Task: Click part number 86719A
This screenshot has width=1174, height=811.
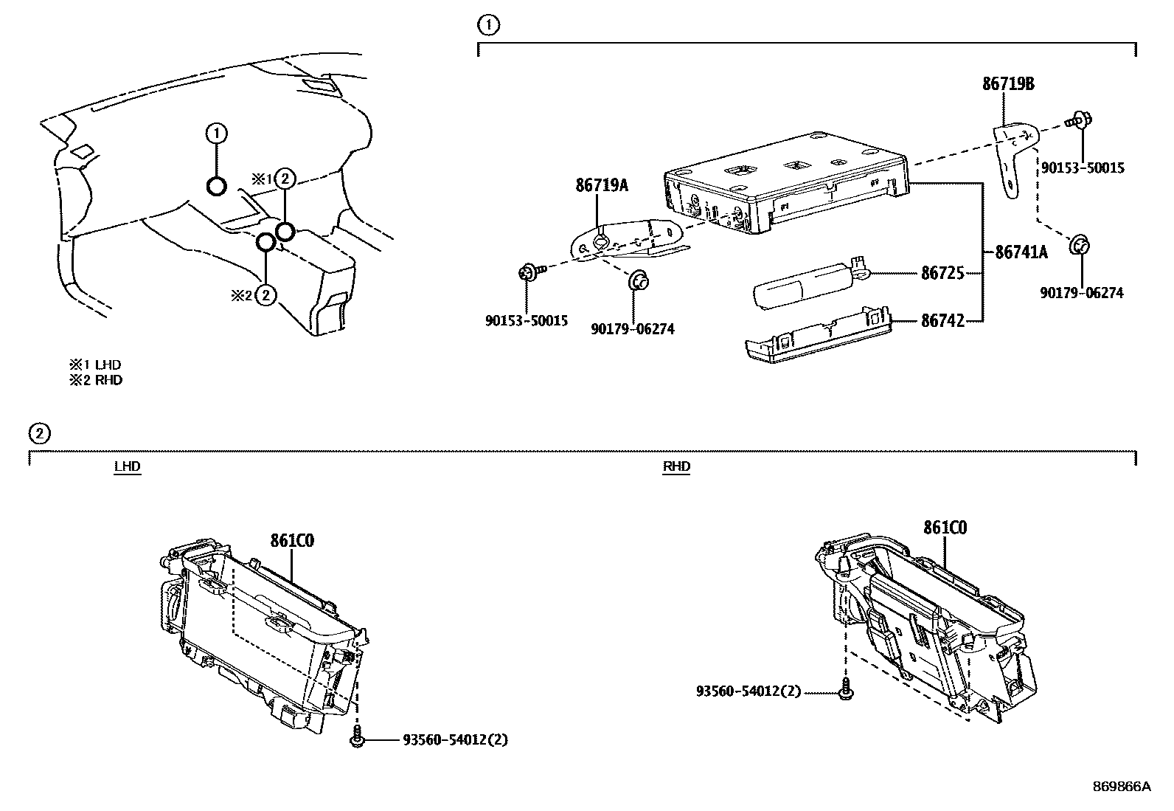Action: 602,185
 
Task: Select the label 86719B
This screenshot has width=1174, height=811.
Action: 1008,84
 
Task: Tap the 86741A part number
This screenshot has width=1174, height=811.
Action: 1021,252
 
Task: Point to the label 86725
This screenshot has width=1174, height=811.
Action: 942,273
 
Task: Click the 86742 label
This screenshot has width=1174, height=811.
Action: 942,321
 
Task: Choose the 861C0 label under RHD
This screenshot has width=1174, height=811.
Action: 945,528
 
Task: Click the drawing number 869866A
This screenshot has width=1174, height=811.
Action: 1121,787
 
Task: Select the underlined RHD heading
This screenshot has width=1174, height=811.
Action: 676,466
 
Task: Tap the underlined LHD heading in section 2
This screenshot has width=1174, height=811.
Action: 127,466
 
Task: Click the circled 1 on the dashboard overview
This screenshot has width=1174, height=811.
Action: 216,134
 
